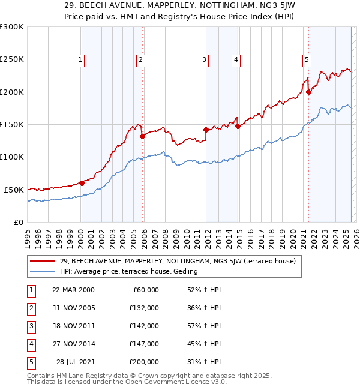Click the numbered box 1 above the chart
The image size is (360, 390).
80,59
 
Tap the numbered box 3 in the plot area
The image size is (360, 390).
204,59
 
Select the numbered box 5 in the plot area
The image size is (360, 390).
307,59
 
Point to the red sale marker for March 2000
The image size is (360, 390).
82,183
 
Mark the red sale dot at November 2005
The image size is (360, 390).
143,136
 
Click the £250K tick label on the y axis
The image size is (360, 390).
12,59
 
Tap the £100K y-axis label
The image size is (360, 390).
12,157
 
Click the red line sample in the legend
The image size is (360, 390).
42,261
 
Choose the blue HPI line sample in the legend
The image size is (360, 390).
42,271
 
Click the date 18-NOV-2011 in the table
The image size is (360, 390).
73,326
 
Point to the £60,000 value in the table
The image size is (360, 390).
145,290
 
